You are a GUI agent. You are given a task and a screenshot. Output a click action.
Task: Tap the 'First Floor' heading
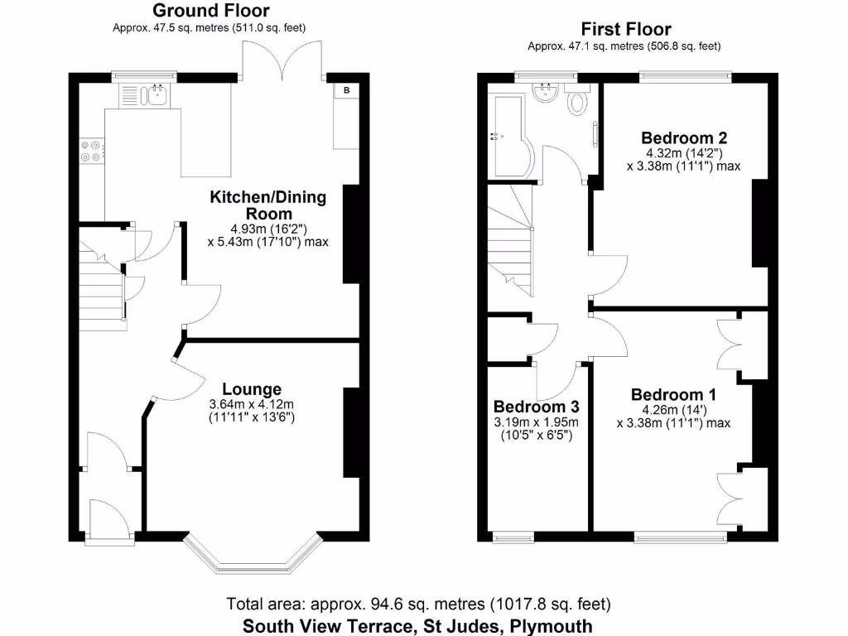click(x=625, y=29)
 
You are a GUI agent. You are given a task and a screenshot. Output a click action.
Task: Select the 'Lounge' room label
click(x=251, y=389)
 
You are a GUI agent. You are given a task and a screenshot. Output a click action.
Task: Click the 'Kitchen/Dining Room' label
click(x=267, y=205)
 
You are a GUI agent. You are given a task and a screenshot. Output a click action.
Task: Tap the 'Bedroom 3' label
click(x=536, y=407)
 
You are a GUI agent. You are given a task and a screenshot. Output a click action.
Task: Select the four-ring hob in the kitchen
click(x=91, y=150)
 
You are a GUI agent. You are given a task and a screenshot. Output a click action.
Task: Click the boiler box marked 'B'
click(x=346, y=90)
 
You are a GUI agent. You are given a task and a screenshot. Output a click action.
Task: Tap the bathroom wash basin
click(x=546, y=94)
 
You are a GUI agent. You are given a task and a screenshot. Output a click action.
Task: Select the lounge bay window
click(x=252, y=555)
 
